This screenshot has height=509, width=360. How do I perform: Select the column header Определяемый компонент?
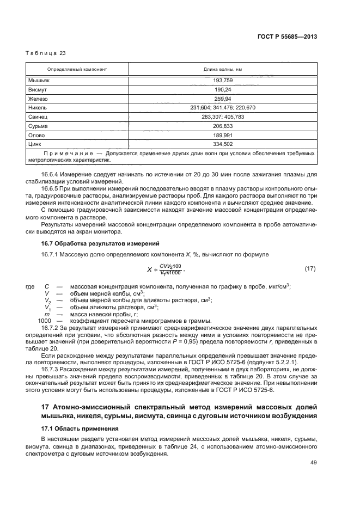tap(77, 70)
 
